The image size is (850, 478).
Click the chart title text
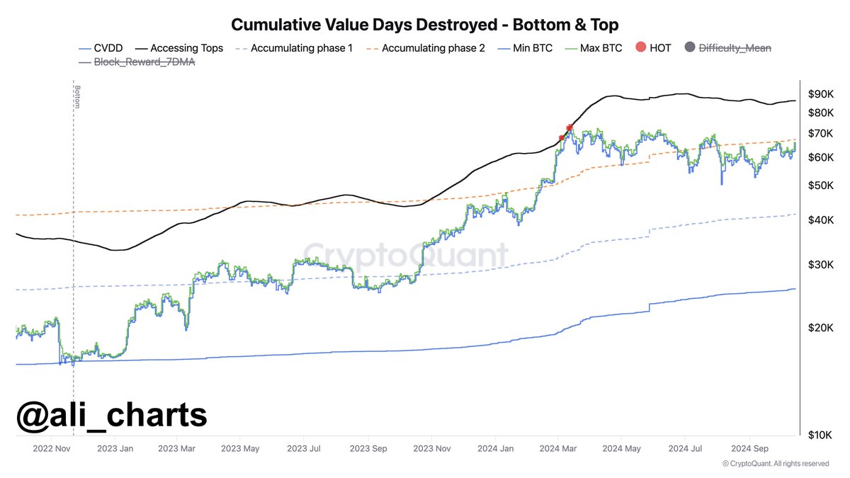[x=425, y=25]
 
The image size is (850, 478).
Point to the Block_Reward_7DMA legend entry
[x=135, y=62]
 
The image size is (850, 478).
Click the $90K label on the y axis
[x=821, y=94]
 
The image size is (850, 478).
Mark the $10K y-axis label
[x=821, y=434]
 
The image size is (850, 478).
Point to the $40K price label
[x=821, y=221]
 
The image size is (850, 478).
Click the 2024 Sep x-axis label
[x=750, y=448]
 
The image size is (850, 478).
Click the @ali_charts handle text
[x=112, y=415]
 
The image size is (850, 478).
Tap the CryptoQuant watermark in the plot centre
[x=406, y=256]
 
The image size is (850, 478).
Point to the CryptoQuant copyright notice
[x=776, y=464]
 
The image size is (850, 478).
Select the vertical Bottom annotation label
[x=74, y=98]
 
